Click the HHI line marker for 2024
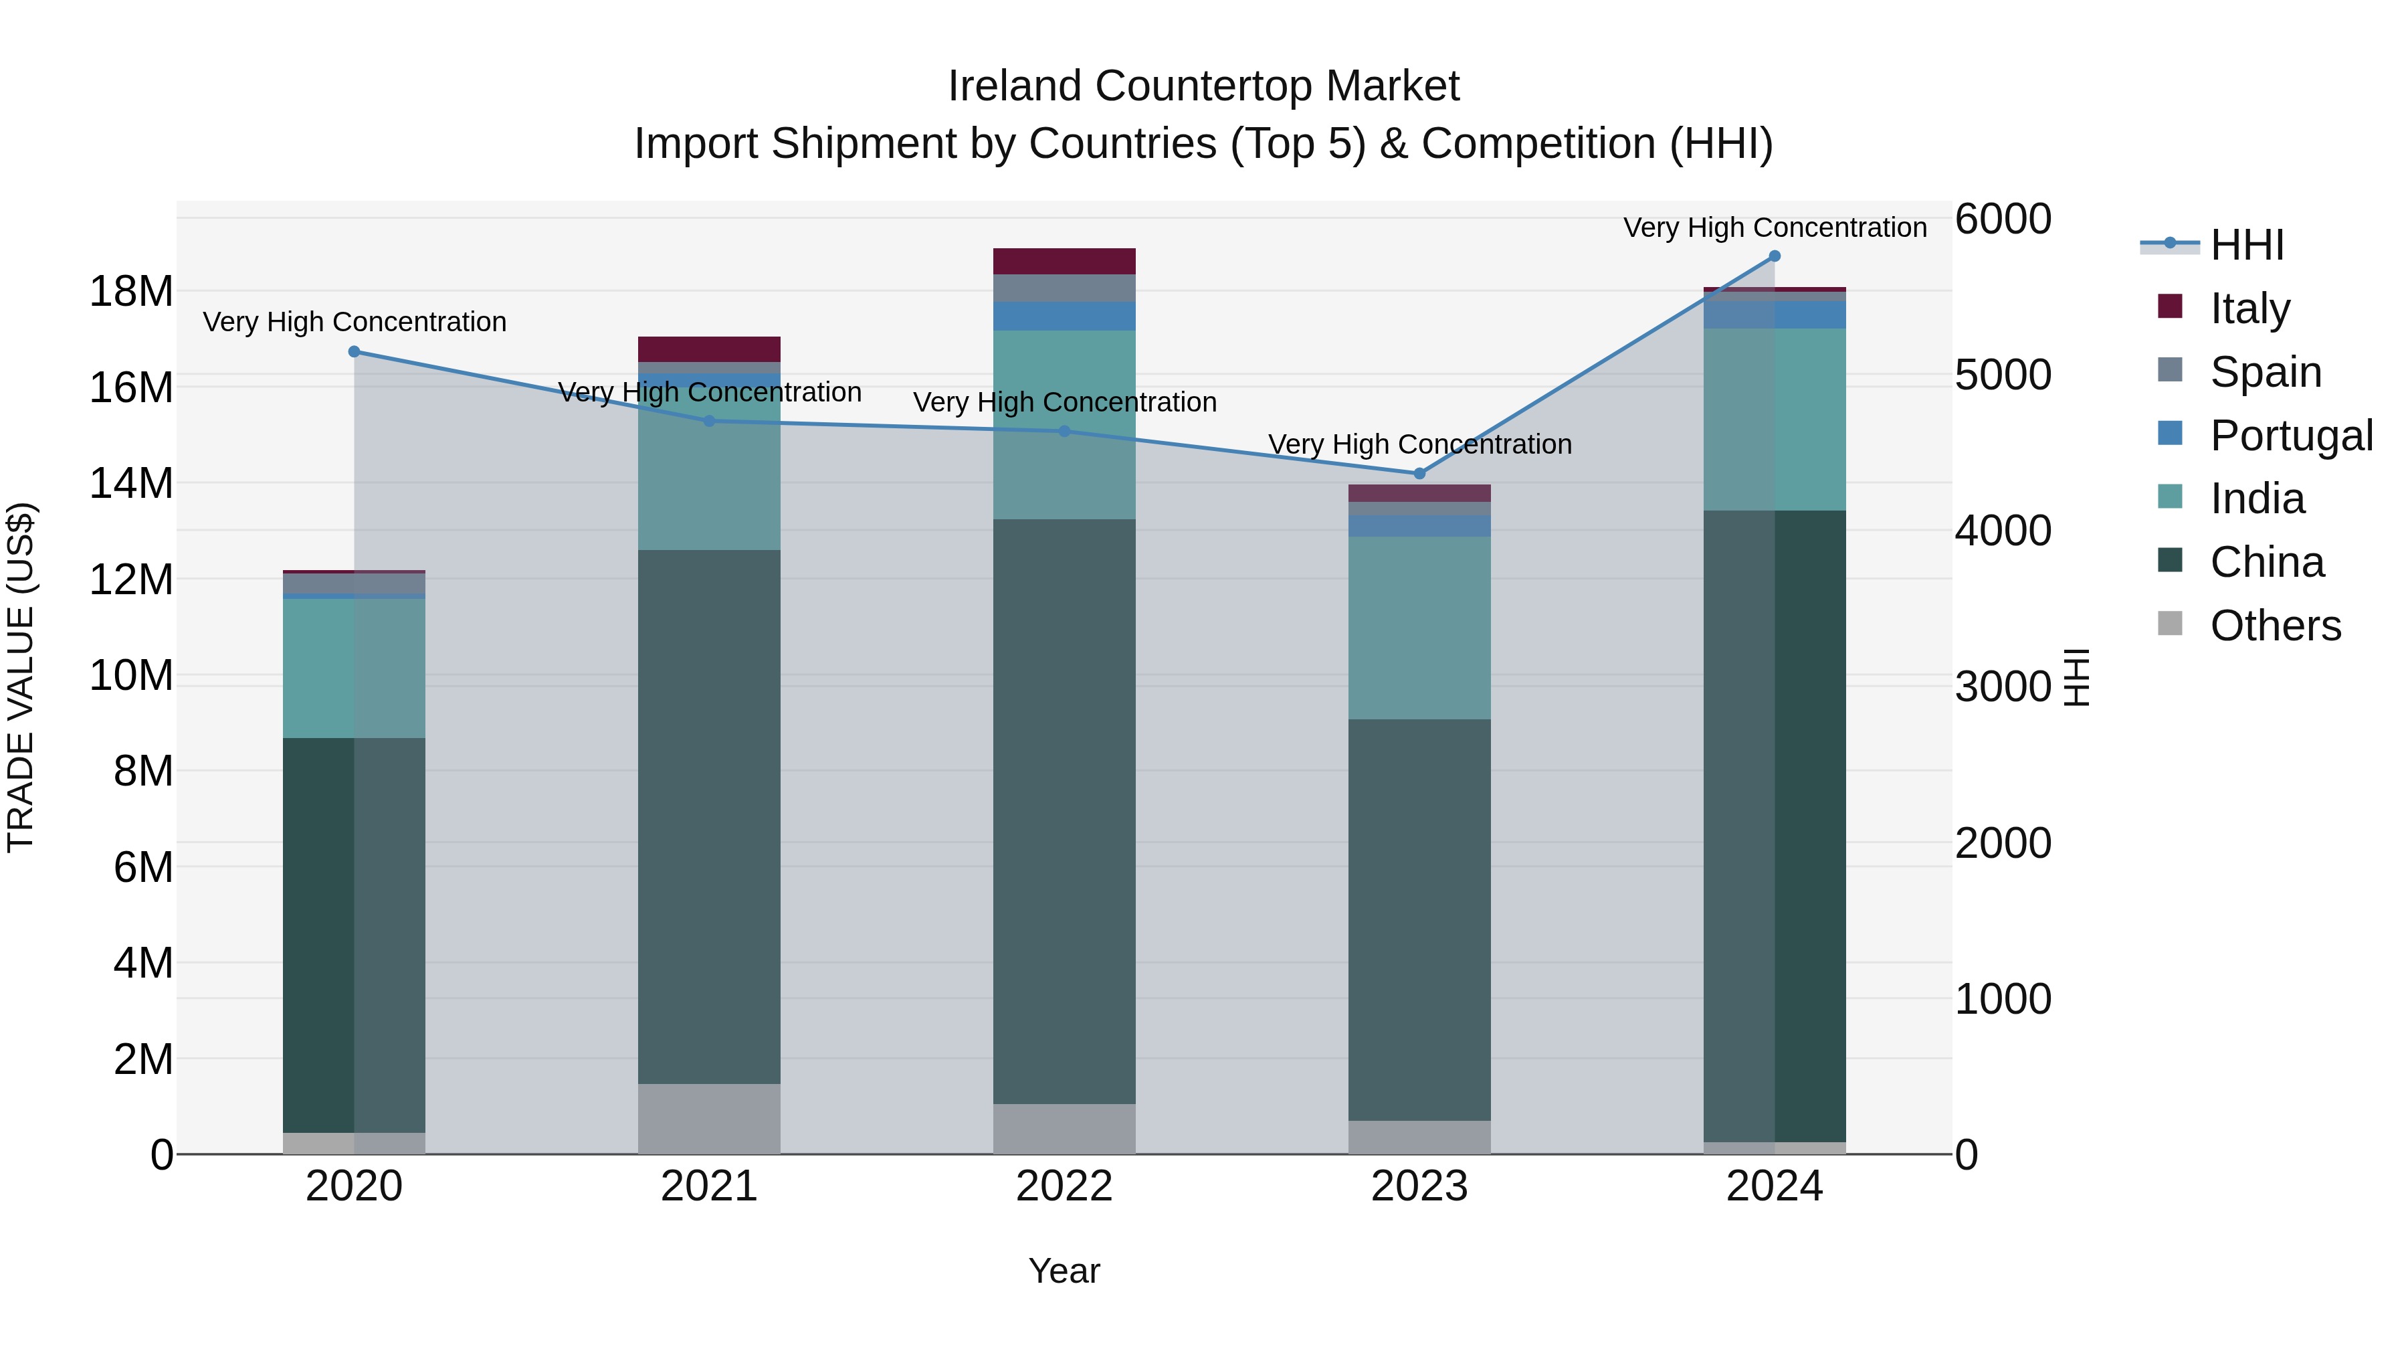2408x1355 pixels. point(1774,256)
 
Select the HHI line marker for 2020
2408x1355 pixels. point(355,351)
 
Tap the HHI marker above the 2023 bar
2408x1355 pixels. point(1419,473)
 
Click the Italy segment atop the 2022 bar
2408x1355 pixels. point(1064,261)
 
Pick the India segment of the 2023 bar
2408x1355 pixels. point(1419,626)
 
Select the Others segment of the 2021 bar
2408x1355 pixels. point(708,1118)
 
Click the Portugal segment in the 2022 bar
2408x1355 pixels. point(1064,316)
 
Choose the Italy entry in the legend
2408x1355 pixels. point(2249,308)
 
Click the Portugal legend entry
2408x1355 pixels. point(2290,435)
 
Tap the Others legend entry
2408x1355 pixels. point(2274,626)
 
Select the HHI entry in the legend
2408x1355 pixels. point(2246,245)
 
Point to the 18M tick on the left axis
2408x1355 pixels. point(131,291)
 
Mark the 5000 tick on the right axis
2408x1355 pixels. point(2002,374)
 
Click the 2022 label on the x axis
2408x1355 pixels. point(1064,1186)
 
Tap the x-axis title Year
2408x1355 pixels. point(1064,1271)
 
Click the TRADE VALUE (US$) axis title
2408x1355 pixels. point(21,677)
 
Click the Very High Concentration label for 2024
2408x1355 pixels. point(1774,228)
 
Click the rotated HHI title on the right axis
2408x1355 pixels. point(2075,677)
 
